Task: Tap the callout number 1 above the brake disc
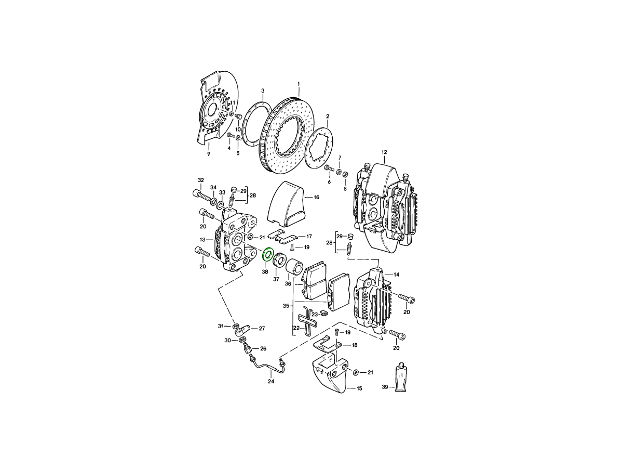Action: point(299,84)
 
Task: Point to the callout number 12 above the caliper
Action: point(384,152)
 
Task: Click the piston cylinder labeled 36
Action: point(295,267)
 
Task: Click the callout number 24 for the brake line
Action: point(271,381)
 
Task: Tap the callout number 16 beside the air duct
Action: point(317,197)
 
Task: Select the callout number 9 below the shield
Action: point(209,154)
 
